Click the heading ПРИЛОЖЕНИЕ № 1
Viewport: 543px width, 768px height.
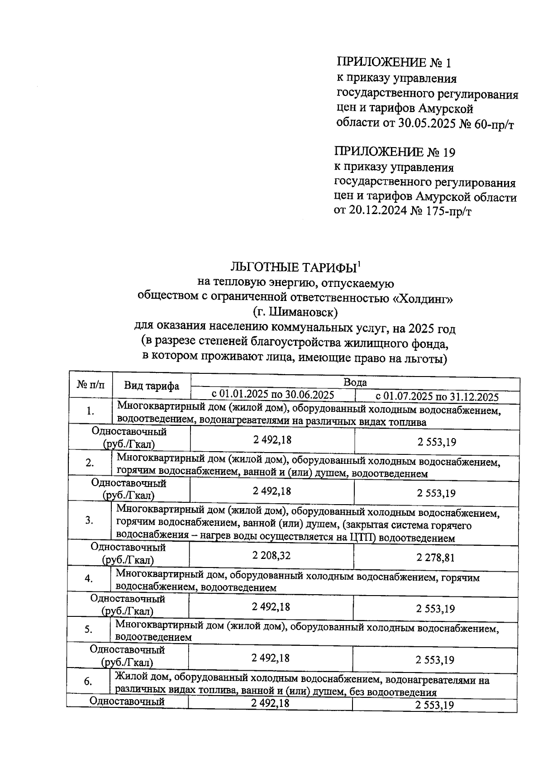click(x=394, y=62)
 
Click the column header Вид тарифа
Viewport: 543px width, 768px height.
click(x=152, y=386)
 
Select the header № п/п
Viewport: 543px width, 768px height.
click(x=90, y=385)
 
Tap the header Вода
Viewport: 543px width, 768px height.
click(x=355, y=382)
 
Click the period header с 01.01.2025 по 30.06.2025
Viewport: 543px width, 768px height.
click(x=273, y=395)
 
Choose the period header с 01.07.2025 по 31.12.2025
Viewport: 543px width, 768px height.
click(x=437, y=397)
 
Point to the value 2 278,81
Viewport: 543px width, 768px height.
click(x=435, y=558)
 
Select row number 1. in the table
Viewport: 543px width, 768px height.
click(x=90, y=411)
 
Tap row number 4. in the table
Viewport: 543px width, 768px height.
click(x=89, y=579)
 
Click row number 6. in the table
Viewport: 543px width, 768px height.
click(x=88, y=682)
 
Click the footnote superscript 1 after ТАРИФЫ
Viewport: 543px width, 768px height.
click(x=358, y=263)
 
